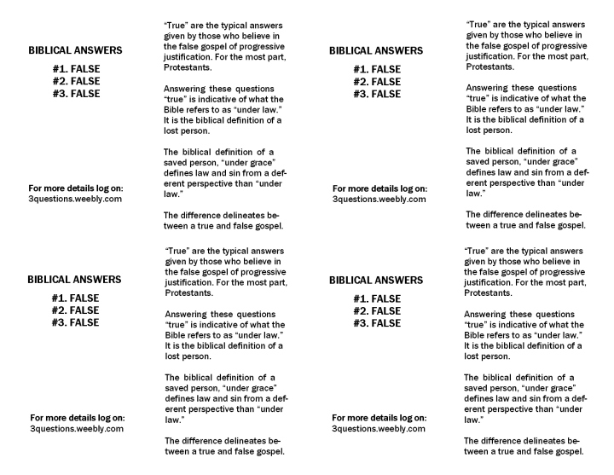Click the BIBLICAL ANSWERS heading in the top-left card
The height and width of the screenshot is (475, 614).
74,51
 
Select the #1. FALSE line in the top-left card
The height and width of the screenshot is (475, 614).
75,69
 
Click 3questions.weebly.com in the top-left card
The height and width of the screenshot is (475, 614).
74,198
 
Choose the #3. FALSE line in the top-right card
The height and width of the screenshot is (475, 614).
377,94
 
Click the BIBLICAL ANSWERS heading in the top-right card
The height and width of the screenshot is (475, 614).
376,51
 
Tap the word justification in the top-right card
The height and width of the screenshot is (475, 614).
492,56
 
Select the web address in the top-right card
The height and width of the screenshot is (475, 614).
379,200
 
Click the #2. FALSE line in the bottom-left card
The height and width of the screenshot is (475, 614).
75,310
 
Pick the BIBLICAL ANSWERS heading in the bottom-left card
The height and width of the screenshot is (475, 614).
74,280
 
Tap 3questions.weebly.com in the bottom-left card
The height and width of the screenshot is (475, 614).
77,429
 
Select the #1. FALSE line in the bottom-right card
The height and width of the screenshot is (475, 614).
376,298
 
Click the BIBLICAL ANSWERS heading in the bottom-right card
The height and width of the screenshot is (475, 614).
376,280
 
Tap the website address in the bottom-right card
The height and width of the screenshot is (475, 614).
379,429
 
